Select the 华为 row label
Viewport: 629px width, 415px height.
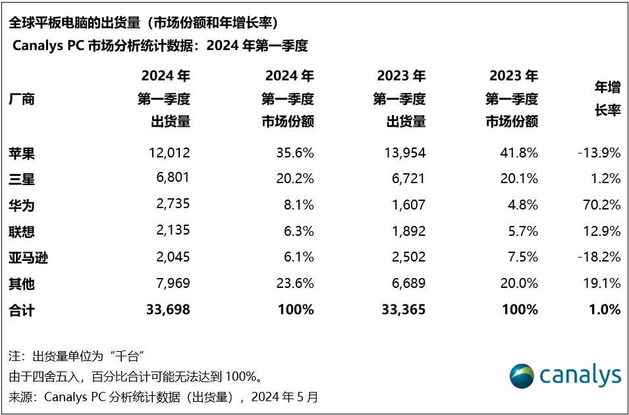click(x=21, y=206)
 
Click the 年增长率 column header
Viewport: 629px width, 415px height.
click(x=607, y=99)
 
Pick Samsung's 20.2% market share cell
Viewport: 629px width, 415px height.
click(x=294, y=179)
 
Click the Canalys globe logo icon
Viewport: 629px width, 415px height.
click(x=522, y=375)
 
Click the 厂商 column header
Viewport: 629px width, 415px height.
click(x=21, y=99)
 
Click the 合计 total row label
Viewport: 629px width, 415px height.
click(x=21, y=310)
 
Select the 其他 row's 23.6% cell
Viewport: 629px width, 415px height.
click(x=294, y=284)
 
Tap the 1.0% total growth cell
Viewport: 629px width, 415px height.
click(x=604, y=310)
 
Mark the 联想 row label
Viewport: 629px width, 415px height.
click(x=21, y=232)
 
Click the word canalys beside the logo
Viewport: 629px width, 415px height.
click(x=580, y=375)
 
